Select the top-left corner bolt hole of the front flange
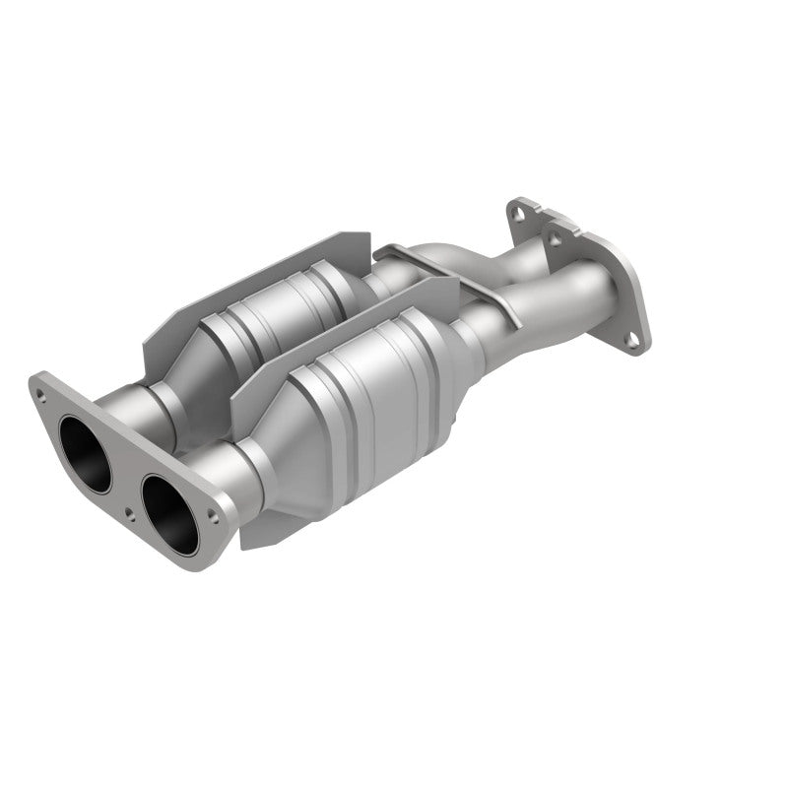click(40, 395)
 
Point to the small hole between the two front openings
click(131, 512)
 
